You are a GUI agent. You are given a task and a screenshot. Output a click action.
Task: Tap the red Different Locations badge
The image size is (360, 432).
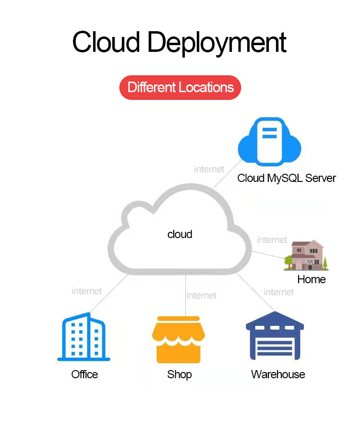(180, 88)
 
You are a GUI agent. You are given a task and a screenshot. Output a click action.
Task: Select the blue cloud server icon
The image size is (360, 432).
(269, 142)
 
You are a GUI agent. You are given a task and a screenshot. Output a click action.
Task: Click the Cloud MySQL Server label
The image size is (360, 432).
(287, 179)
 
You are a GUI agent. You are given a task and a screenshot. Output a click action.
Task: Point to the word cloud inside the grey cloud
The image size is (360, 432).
(180, 234)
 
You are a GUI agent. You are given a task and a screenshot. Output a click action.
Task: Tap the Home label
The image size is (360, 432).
(311, 279)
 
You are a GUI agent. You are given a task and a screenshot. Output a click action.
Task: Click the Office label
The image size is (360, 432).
(84, 374)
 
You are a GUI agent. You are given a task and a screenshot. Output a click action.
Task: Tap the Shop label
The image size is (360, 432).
(180, 374)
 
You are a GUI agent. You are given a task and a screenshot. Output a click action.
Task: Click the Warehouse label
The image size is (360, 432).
(278, 374)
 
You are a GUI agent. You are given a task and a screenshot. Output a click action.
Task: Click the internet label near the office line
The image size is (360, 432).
(87, 291)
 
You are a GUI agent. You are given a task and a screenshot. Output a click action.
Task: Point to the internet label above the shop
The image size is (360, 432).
(202, 295)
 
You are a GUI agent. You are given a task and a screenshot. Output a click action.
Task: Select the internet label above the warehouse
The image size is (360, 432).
(279, 292)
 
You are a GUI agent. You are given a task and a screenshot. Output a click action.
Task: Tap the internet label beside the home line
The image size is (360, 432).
(272, 240)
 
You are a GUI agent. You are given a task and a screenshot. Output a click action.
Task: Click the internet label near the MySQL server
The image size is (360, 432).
(209, 169)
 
